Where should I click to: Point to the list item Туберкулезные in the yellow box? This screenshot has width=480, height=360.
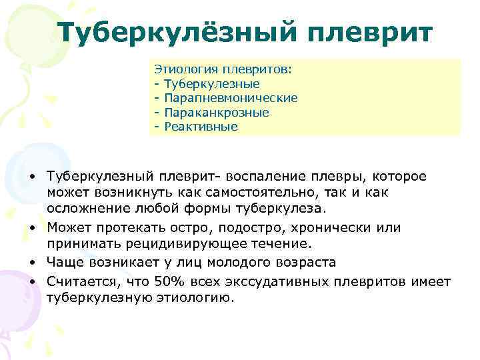(211, 84)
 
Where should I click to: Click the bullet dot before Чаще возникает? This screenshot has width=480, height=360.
(32, 263)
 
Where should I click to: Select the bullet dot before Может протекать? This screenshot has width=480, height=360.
(32, 227)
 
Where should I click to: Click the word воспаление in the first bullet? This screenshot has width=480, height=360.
(263, 175)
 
